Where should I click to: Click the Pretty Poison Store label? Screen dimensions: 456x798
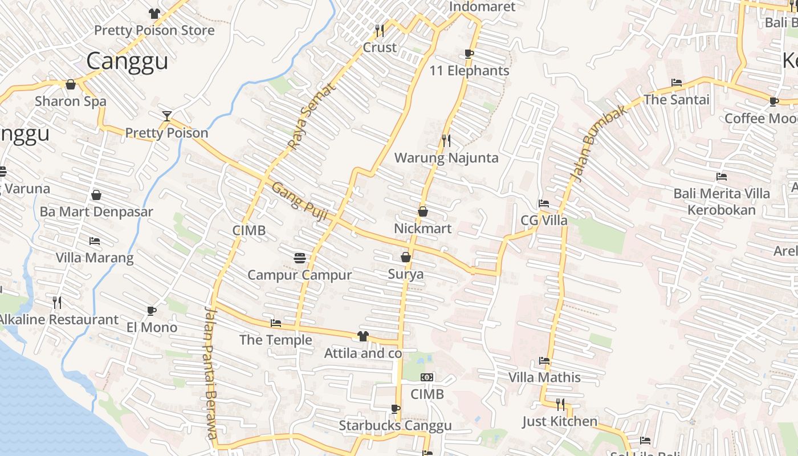coord(154,30)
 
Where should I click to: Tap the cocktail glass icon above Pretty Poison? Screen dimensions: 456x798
coord(166,116)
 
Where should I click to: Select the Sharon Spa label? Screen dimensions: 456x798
coord(71,101)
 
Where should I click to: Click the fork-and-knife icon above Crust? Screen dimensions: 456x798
coord(380,30)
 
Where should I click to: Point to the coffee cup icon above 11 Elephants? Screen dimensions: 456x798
coord(469,54)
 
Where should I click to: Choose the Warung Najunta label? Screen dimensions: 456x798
coord(446,158)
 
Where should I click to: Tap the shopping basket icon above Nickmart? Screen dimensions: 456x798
coord(423,211)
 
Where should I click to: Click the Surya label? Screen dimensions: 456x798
coord(406,274)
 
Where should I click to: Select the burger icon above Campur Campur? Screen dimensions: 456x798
coord(300,258)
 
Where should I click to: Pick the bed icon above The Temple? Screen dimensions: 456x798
coord(276,323)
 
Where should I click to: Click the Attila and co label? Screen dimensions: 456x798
coord(363,353)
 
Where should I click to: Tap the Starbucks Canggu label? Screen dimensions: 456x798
coord(395,425)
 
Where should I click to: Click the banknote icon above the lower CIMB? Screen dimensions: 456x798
coord(427,377)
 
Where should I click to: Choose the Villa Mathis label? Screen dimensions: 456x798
coord(544,377)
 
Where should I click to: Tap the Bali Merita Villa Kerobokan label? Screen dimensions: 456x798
coord(721,202)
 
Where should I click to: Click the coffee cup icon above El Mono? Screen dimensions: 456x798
coord(152,311)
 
